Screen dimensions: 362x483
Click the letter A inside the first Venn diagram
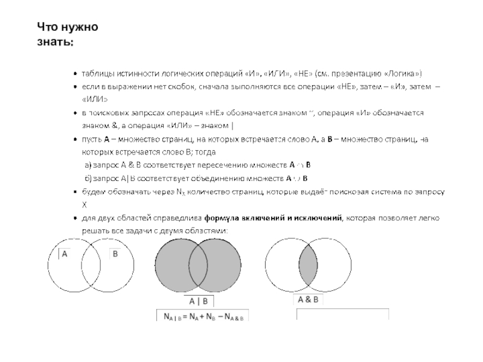click(65, 255)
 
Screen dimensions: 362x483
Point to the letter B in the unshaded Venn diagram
click(115, 255)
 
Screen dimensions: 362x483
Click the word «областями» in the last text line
click(205, 231)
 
